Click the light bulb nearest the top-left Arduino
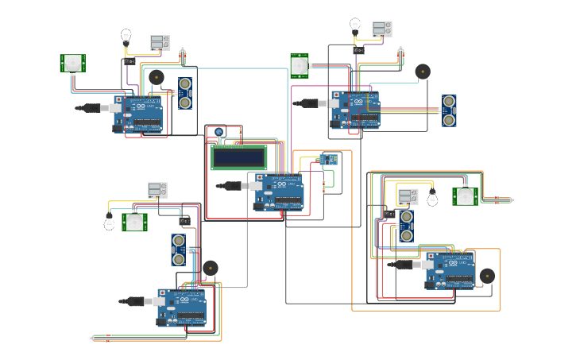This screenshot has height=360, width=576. click(126, 36)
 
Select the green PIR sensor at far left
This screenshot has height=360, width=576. click(73, 63)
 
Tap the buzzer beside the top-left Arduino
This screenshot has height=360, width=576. click(157, 77)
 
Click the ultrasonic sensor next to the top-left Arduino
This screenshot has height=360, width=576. click(184, 93)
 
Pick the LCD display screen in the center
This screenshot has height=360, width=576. click(238, 156)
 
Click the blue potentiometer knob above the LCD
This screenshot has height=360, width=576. click(219, 132)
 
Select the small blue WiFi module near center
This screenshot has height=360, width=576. click(328, 159)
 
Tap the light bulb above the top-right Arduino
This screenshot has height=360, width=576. click(355, 25)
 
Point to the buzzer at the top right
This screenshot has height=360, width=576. click(423, 71)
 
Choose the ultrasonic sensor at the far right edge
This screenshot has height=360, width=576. click(450, 110)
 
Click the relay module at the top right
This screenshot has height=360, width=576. click(381, 29)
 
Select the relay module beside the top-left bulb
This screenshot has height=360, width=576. click(160, 42)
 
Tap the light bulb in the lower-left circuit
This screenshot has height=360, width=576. click(109, 224)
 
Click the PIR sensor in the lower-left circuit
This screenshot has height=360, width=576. click(134, 222)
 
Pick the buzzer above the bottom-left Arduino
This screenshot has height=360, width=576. click(210, 269)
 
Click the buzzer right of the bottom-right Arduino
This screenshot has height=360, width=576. click(487, 276)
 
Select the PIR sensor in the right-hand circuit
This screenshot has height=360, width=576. click(465, 196)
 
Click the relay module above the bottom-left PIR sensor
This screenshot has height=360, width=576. click(157, 190)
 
